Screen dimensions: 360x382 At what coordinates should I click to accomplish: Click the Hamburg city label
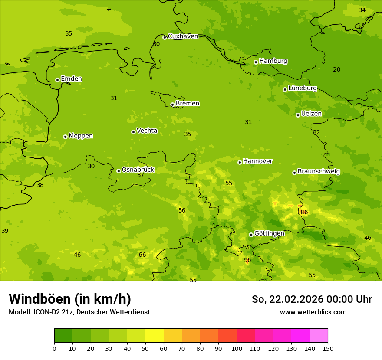(x=273, y=61)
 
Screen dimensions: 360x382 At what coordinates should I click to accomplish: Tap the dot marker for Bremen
(x=172, y=105)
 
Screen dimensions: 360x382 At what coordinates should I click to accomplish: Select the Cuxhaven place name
(x=183, y=36)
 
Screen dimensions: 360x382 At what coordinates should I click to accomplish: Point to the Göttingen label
(x=269, y=233)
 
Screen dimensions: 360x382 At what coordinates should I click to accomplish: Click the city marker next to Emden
(x=57, y=80)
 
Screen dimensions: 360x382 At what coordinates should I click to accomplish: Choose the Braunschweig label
(x=319, y=172)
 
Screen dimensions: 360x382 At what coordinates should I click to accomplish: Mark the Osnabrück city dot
(x=119, y=171)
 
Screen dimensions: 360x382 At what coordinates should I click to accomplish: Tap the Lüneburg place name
(x=303, y=88)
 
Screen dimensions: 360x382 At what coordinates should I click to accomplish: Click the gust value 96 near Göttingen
(x=247, y=260)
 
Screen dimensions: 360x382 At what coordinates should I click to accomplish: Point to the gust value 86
(x=304, y=212)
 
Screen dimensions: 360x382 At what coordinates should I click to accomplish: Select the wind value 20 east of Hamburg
(x=337, y=69)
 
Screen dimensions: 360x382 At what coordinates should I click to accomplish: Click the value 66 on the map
(x=142, y=255)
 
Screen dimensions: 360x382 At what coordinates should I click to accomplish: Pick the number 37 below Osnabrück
(x=141, y=175)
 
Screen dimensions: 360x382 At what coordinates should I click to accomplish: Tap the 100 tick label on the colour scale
(x=237, y=348)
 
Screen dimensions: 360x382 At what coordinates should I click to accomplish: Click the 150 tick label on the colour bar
(x=328, y=348)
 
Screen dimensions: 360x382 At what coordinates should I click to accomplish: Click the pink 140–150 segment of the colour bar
(x=319, y=336)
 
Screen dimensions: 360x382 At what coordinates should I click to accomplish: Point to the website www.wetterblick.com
(x=313, y=312)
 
